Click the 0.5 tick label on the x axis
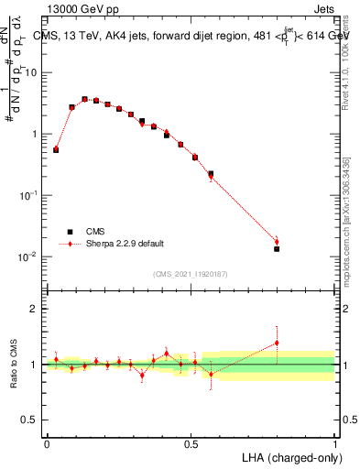tap(191, 443)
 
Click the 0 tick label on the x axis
tap(47, 443)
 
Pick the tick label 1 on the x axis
tap(334, 443)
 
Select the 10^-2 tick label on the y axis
tap(28, 256)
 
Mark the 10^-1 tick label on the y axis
tap(28, 195)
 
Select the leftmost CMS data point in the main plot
tap(56, 149)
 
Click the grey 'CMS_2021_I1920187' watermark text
tap(191, 274)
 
